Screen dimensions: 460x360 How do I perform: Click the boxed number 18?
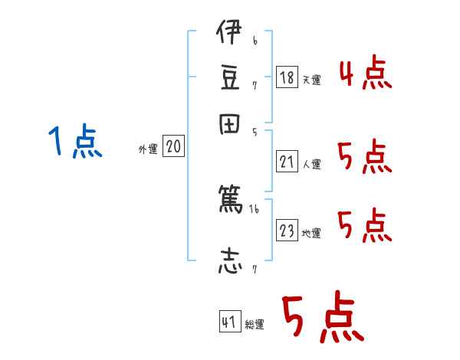coord(287,77)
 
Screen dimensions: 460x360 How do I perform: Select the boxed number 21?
coord(287,162)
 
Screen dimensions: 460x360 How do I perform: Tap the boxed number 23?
coord(287,231)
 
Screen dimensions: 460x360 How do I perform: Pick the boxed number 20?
coord(173,147)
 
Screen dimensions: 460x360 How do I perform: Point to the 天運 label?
coord(311,80)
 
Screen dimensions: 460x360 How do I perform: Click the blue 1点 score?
coord(74,143)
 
